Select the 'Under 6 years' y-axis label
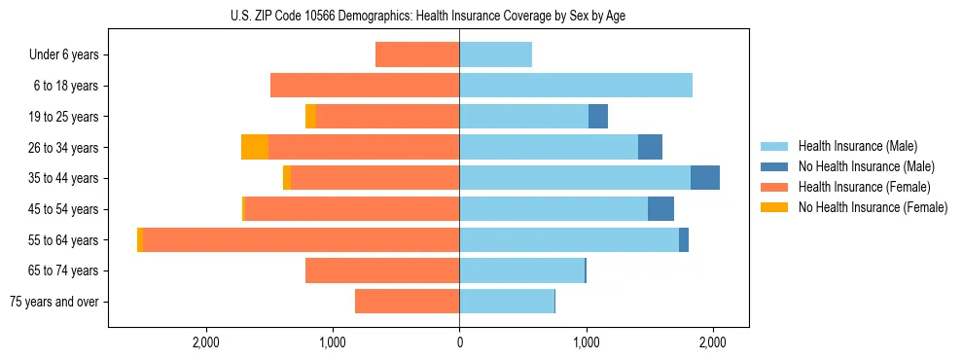pos(63,55)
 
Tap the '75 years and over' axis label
pos(53,302)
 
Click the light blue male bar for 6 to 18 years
pos(576,86)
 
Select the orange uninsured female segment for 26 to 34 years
pos(255,147)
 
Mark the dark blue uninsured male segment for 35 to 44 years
pos(705,178)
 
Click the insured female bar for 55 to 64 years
pos(302,240)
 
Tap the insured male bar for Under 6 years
pos(495,55)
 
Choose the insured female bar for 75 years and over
pos(407,302)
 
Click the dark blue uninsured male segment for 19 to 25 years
pos(598,117)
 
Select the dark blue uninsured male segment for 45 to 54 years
pos(660,209)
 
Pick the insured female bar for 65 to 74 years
pos(382,270)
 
